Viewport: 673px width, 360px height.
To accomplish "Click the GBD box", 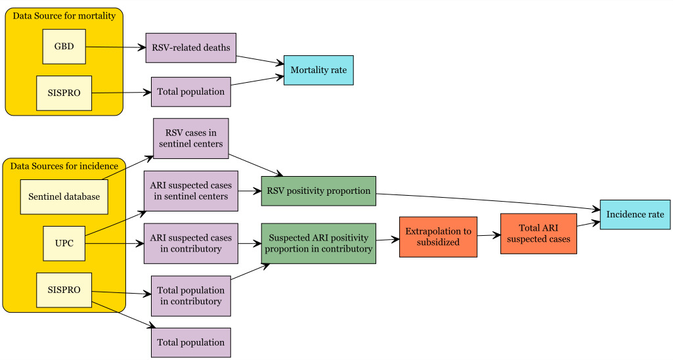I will click(x=64, y=47).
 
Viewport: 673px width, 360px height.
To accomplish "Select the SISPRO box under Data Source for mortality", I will click(x=64, y=93).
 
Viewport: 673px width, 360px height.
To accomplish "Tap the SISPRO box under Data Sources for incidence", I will click(x=64, y=290).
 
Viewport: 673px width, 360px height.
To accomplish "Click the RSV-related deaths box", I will click(x=190, y=48).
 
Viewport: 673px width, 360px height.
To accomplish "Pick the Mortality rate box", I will click(x=318, y=70).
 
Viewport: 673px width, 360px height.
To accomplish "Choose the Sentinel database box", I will click(x=64, y=196).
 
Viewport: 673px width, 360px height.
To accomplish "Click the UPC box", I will click(x=64, y=243).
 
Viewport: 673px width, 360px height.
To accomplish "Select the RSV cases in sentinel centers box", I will click(x=190, y=138).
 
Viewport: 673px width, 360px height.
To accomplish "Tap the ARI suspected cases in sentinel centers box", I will click(x=190, y=191).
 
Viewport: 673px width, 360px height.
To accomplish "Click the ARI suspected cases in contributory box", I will click(x=190, y=243).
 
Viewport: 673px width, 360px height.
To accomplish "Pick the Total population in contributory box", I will click(x=190, y=296).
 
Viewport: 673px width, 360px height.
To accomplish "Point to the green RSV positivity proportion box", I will click(x=318, y=191).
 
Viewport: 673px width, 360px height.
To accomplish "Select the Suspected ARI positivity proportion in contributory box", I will click(x=318, y=243).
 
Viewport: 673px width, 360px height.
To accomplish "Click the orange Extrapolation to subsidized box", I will click(x=438, y=236).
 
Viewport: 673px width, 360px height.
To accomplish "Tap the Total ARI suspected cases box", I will click(x=538, y=233).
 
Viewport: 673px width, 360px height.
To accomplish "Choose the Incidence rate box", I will click(x=635, y=215).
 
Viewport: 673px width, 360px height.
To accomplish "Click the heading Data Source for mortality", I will click(x=64, y=15).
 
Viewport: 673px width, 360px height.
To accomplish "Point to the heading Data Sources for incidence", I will click(x=64, y=166).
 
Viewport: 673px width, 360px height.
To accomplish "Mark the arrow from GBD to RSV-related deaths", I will click(x=115, y=47).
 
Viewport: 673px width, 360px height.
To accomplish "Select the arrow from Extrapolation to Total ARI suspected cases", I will click(x=488, y=235).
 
